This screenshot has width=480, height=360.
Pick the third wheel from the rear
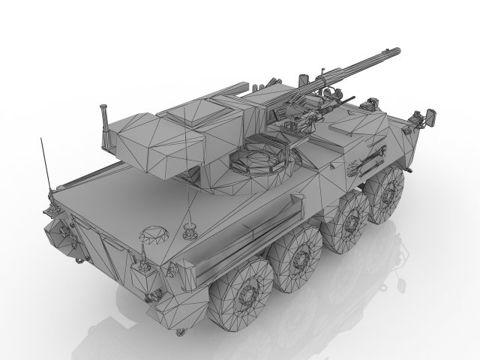click(348, 220)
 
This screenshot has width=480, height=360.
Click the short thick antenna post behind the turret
click(103, 120)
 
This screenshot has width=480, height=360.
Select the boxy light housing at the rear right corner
click(142, 262)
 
